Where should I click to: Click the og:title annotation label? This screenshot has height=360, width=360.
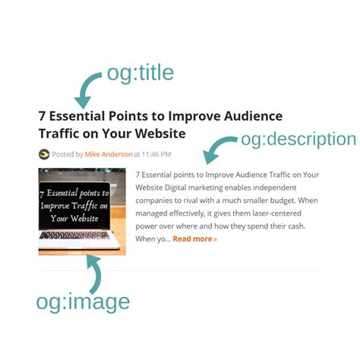click(141, 73)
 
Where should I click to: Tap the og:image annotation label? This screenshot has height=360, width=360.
click(83, 302)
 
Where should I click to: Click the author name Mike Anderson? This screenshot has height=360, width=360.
click(109, 154)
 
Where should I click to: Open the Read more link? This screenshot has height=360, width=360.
click(194, 238)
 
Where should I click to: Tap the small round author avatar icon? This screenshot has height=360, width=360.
click(44, 154)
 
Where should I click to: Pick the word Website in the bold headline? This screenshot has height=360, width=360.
click(157, 134)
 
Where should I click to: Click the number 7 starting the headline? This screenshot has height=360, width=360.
click(43, 117)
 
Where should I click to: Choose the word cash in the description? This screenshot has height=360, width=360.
click(297, 226)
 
